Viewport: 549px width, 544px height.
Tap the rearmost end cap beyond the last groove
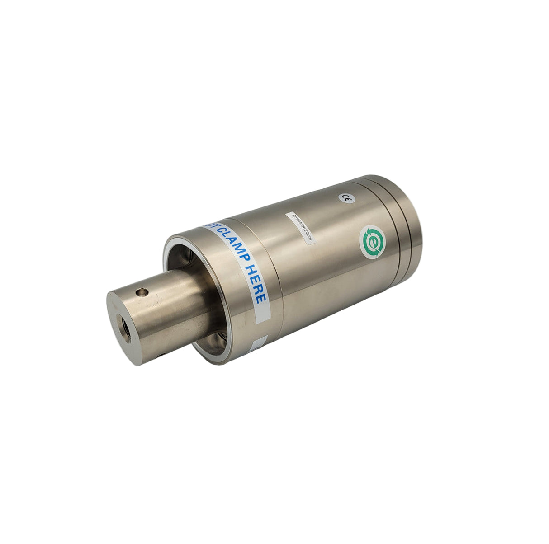pyautogui.click(x=416, y=226)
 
